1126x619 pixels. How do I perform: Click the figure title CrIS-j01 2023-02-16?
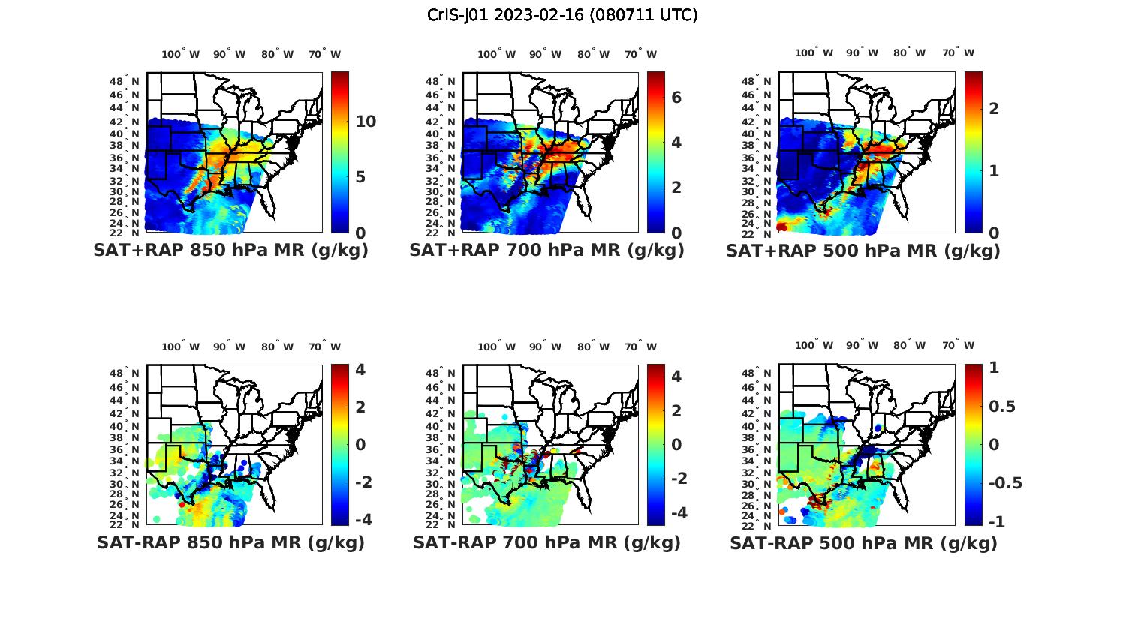point(562,14)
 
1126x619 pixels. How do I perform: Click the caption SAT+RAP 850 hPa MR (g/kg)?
point(230,251)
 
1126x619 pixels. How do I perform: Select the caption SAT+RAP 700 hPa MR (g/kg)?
point(546,251)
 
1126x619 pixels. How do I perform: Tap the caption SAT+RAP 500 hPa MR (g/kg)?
point(863,251)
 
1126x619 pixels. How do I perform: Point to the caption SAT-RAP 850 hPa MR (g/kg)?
point(230,542)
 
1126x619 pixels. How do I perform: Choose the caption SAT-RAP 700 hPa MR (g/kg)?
point(546,542)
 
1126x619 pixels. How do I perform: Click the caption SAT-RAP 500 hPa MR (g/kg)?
point(863,542)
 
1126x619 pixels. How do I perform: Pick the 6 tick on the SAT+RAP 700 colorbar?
point(676,98)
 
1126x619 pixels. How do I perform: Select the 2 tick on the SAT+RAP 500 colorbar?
point(994,108)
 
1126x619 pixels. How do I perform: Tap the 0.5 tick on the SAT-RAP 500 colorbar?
point(1002,407)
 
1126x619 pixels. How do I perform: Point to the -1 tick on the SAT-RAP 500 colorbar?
point(996,521)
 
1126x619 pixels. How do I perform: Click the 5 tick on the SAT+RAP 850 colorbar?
point(360,177)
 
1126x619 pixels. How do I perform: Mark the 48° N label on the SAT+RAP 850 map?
point(125,81)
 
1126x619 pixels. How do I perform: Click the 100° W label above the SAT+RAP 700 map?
point(497,54)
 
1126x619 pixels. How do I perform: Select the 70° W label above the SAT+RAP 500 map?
point(959,53)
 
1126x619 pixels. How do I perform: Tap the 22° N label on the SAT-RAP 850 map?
point(125,524)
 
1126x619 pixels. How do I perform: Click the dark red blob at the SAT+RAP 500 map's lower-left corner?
point(783,227)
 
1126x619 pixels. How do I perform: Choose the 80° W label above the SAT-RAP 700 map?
point(595,347)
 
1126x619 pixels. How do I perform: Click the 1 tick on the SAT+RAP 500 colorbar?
point(994,170)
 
